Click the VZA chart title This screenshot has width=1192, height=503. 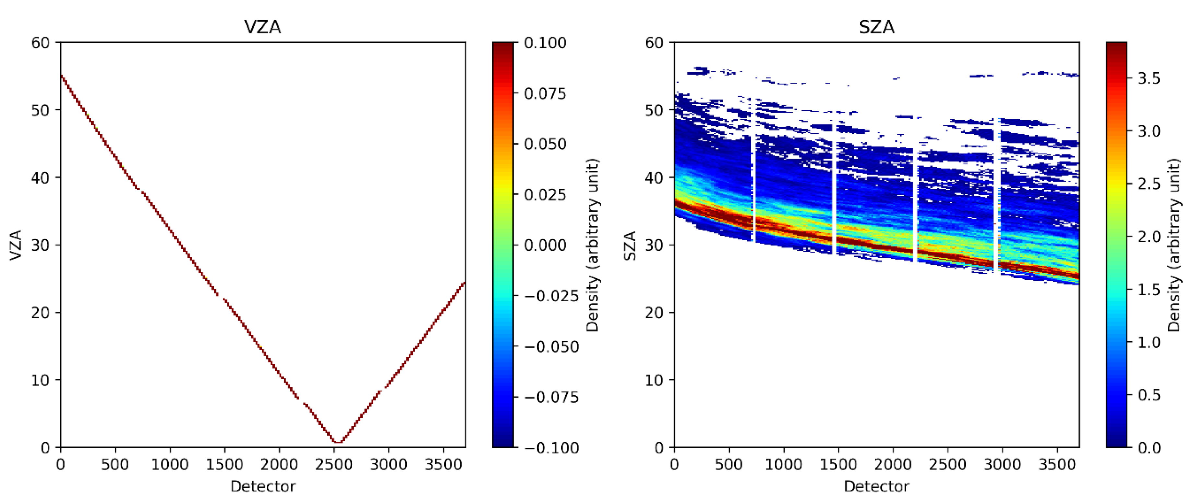262,27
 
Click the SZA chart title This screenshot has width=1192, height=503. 876,27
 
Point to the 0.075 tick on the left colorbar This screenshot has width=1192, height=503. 545,93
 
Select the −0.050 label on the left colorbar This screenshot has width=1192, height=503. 551,347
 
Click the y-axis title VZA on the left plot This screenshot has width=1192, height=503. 16,245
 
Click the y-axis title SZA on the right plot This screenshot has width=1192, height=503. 630,245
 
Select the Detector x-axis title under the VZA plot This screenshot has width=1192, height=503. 262,486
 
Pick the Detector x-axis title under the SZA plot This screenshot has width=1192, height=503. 876,486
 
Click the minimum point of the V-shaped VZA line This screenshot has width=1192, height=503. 338,442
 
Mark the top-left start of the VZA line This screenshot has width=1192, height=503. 62,76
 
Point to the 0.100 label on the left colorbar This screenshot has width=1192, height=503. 545,43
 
